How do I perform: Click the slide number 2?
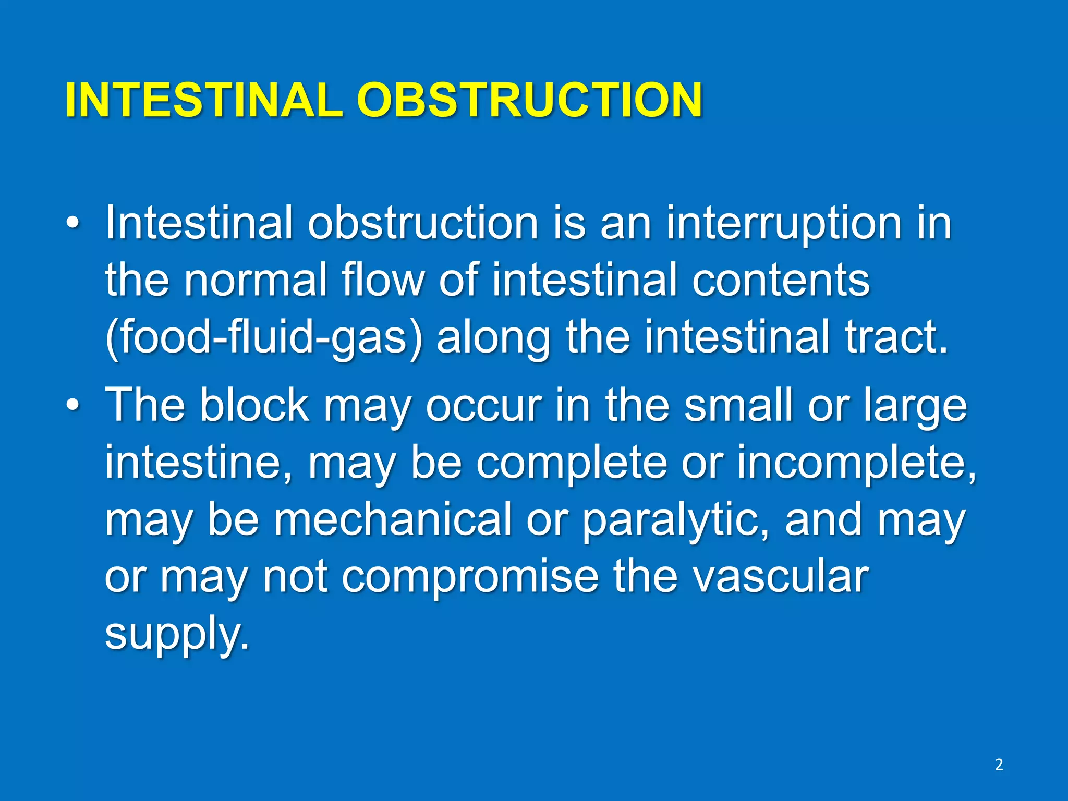[999, 764]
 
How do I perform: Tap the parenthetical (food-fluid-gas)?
[263, 338]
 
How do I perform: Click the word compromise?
[469, 578]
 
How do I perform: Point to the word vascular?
[741, 577]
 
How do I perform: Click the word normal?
[256, 281]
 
